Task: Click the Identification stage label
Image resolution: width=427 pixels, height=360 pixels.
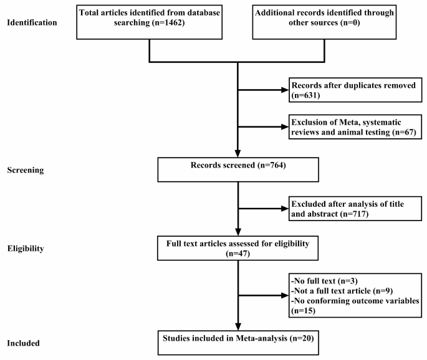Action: click(32, 22)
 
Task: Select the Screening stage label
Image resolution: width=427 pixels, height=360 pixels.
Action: click(26, 170)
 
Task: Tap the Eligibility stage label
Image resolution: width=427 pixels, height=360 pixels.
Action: click(26, 249)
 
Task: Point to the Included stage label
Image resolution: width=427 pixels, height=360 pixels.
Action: click(23, 343)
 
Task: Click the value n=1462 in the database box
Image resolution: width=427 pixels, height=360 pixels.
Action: click(168, 22)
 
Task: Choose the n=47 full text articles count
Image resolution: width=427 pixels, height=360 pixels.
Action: click(237, 253)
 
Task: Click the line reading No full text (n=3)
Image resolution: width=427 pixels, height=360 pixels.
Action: click(324, 281)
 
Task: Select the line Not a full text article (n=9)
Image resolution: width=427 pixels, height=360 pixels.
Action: click(342, 291)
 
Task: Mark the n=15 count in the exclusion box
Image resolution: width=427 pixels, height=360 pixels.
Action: click(304, 311)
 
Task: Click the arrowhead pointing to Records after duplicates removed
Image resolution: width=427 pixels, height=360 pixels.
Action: click(285, 90)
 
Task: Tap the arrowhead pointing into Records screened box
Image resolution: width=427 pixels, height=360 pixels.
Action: click(237, 154)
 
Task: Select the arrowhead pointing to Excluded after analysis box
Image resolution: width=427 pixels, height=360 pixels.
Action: click(285, 209)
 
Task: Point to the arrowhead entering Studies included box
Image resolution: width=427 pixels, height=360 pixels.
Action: click(238, 327)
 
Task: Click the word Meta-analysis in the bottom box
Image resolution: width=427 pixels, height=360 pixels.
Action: click(261, 338)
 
